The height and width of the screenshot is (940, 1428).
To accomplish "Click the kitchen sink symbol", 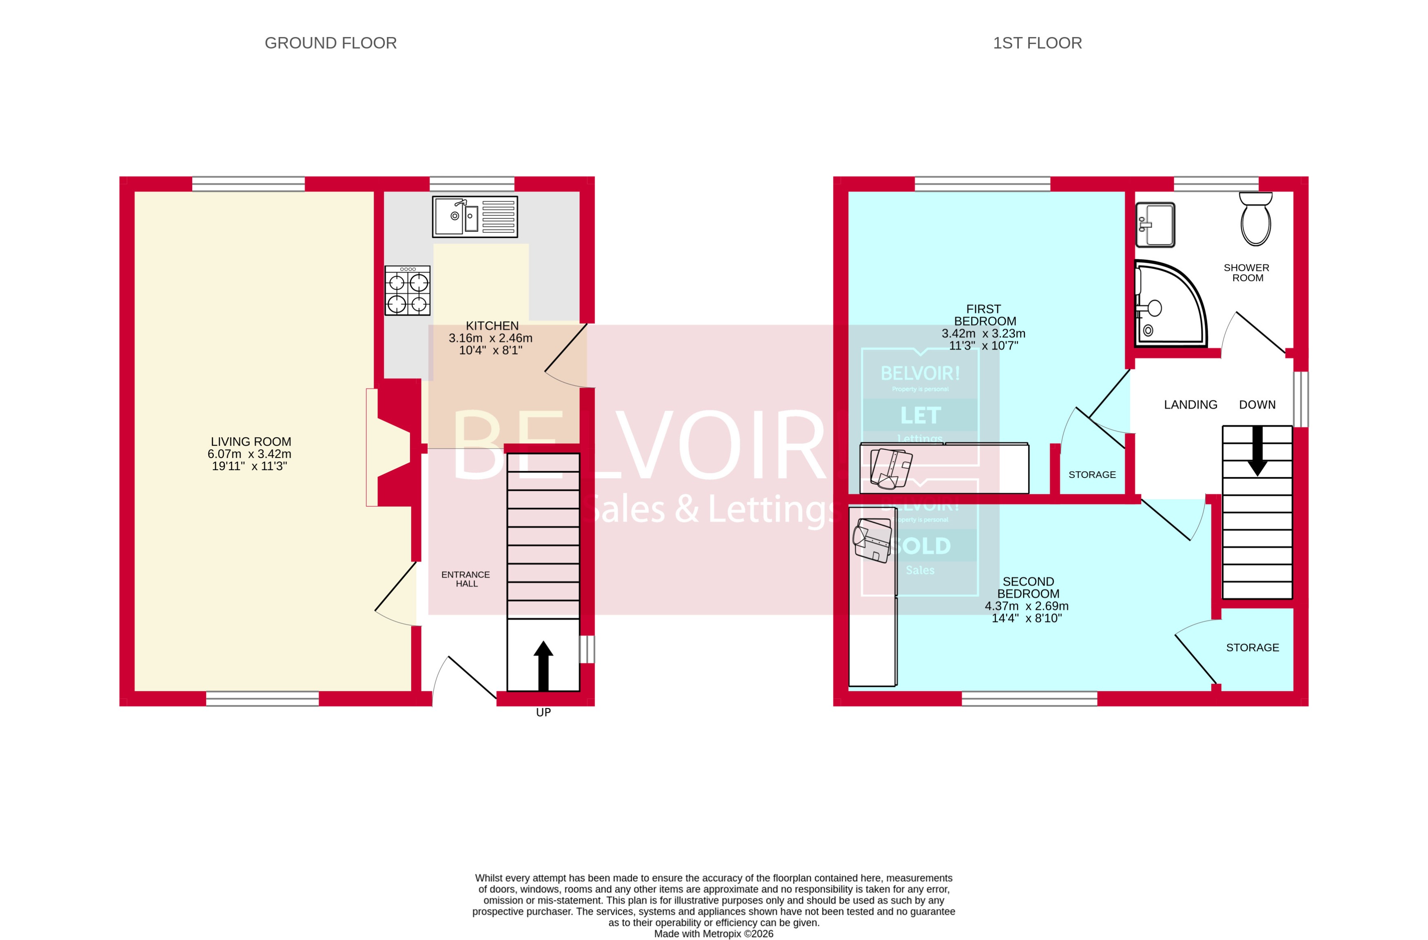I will tap(475, 216).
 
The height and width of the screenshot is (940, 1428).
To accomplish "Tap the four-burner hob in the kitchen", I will tap(408, 291).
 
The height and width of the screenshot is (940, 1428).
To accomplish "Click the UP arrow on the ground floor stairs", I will tap(543, 665).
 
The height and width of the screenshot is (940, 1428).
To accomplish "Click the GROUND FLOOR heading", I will tap(330, 43).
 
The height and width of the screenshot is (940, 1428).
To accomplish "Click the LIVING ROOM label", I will tap(251, 442).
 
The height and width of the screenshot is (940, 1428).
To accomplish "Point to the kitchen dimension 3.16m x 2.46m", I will tap(490, 338).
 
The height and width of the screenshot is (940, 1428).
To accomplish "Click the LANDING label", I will tap(1191, 404).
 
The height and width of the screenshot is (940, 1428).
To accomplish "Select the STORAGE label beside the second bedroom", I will tap(1252, 647).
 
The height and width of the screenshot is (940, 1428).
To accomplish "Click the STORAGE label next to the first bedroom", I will tap(1091, 474).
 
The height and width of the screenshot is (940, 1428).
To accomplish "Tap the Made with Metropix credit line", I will tap(714, 933).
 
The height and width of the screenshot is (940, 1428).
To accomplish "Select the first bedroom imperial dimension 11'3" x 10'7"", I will tap(983, 345).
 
